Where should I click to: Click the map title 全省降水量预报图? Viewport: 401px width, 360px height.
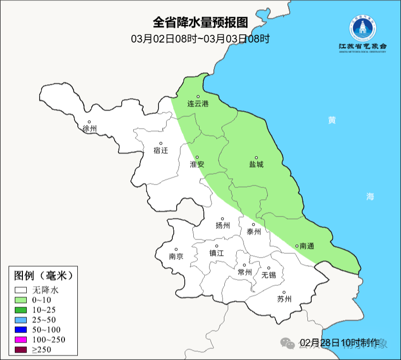[200, 23]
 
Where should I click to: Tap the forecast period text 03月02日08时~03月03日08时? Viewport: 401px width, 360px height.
[200, 39]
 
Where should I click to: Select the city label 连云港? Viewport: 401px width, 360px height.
[198, 104]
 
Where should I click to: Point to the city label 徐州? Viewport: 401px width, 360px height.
[89, 129]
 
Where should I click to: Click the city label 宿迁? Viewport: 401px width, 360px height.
[161, 150]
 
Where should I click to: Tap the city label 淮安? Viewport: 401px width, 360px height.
[197, 164]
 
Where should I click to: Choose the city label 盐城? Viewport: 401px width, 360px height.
[256, 164]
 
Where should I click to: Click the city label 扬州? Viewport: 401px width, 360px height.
[222, 226]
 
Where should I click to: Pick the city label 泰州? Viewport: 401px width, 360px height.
[253, 232]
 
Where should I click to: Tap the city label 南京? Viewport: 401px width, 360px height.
[176, 256]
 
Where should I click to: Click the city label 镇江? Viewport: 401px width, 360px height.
[216, 254]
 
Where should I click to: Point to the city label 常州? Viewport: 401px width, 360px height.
[244, 272]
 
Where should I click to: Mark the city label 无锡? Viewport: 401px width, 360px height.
[268, 275]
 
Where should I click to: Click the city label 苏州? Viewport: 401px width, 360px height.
[284, 299]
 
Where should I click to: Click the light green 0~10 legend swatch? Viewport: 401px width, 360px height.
[21, 300]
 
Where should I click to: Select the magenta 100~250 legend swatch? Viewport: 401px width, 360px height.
[21, 339]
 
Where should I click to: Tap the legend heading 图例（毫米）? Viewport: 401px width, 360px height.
[43, 275]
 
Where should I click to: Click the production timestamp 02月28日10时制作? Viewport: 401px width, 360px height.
[339, 342]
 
